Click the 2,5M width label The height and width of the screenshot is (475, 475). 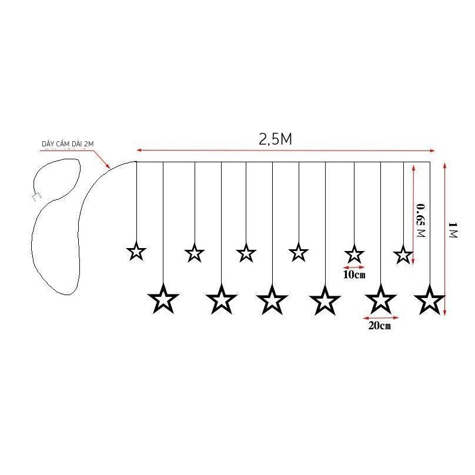point(275,139)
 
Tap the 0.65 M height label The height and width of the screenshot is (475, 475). point(421,220)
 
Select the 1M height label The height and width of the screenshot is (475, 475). point(453,230)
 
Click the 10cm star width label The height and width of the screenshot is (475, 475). point(354,275)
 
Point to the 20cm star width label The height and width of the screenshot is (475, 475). point(380,326)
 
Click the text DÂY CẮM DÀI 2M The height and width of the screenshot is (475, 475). point(68,143)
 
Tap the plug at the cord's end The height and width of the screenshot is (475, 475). point(36,197)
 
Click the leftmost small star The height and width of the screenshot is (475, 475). point(136,252)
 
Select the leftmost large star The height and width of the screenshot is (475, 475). point(163,299)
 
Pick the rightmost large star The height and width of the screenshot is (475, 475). point(430,300)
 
